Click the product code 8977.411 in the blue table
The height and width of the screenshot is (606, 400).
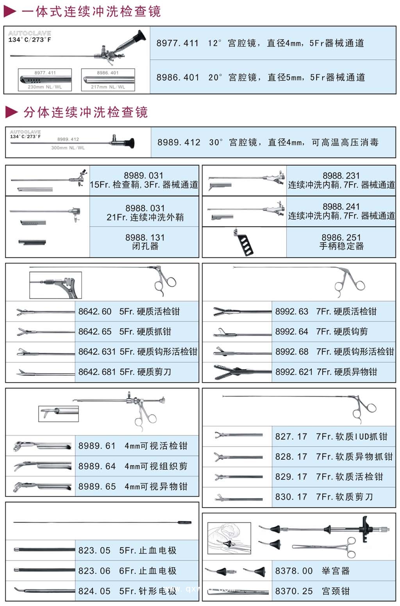177,43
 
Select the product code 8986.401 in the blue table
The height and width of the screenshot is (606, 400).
178,77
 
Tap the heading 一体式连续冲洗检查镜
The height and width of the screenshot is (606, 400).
91,11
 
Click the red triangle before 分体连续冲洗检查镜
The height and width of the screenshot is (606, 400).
11,113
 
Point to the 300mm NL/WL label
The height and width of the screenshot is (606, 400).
68,148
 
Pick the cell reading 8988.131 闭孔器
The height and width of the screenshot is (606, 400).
145,242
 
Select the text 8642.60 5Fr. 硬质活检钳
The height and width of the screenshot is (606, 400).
129,312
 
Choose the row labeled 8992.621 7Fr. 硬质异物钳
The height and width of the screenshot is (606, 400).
326,372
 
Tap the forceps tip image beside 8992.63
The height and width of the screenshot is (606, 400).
225,312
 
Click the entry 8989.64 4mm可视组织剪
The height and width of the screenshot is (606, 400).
133,466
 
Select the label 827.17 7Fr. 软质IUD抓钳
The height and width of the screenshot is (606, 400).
331,437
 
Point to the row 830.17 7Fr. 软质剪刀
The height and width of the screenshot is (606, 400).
324,497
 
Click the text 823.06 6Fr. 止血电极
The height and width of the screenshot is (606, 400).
127,571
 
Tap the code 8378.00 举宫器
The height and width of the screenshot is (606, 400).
312,571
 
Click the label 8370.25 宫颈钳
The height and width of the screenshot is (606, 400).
312,591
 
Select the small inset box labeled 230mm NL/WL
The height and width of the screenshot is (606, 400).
45,80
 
